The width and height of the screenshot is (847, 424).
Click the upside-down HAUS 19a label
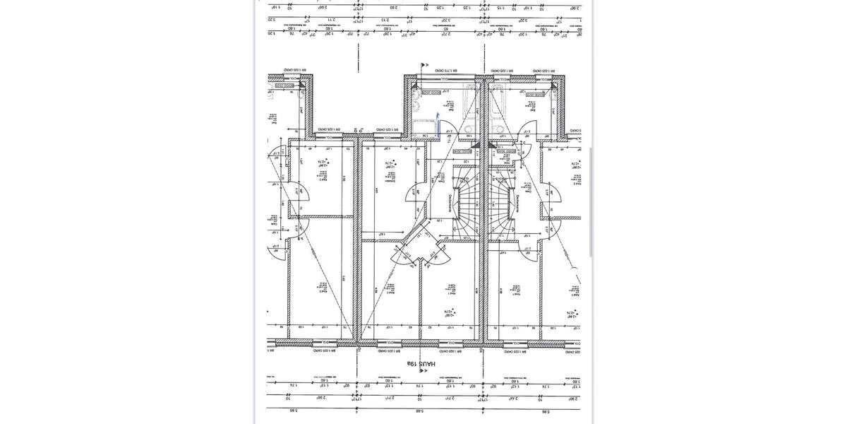[x=421, y=363]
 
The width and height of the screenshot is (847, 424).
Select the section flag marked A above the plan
[x=423, y=66]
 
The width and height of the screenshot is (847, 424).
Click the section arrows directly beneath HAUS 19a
[x=423, y=371]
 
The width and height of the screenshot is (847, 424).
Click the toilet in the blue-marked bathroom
[x=417, y=106]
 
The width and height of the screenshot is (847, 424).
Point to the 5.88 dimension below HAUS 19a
[x=419, y=411]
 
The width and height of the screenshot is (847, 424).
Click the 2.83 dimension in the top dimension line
[x=392, y=8]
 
